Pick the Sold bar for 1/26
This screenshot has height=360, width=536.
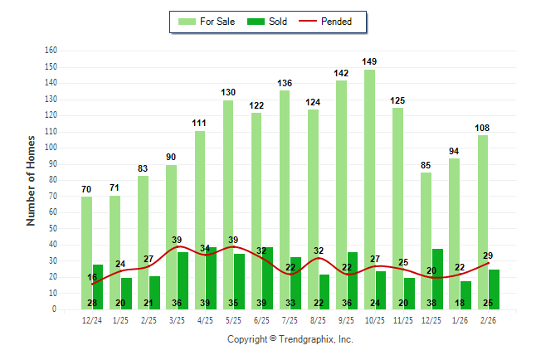(465, 295)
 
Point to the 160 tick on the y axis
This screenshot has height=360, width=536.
(51, 51)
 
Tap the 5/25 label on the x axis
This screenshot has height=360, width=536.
(233, 320)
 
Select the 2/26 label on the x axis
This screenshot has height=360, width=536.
(488, 320)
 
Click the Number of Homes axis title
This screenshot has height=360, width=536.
(31, 180)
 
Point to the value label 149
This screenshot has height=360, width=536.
(369, 61)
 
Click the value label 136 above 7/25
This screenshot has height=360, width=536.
(285, 82)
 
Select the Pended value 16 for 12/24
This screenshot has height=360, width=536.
(91, 276)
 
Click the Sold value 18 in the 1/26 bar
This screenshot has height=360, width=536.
(460, 304)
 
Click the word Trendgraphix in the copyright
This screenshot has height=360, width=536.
(307, 339)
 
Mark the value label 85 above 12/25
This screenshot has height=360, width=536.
(426, 165)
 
